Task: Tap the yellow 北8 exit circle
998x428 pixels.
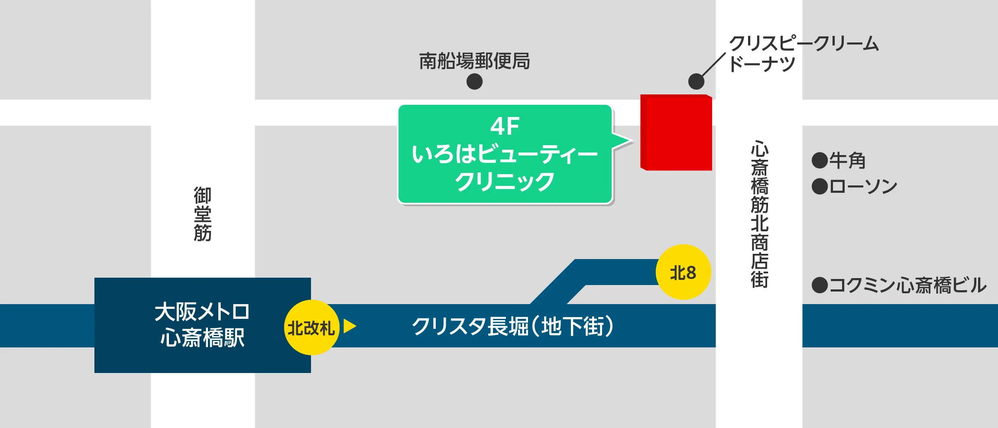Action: (x=683, y=272)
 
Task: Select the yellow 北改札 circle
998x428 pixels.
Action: (x=311, y=327)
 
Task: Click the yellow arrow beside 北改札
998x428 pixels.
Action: (x=349, y=326)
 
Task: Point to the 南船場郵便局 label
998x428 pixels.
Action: (x=474, y=61)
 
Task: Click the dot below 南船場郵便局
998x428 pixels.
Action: (x=474, y=81)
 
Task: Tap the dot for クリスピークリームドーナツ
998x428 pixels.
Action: (x=696, y=81)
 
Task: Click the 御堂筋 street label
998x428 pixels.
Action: (x=202, y=214)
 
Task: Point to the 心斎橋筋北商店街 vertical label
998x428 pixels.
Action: (x=759, y=214)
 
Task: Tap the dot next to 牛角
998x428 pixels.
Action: (x=820, y=160)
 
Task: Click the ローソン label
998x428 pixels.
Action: (x=863, y=187)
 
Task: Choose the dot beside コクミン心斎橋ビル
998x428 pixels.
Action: (x=820, y=285)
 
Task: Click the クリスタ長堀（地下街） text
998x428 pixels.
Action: (x=512, y=326)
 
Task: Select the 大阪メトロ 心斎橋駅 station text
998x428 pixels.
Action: (x=202, y=325)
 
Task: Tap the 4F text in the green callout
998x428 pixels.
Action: (x=505, y=126)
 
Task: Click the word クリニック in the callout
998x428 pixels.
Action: (x=505, y=182)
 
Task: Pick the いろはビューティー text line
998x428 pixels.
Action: (x=505, y=154)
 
